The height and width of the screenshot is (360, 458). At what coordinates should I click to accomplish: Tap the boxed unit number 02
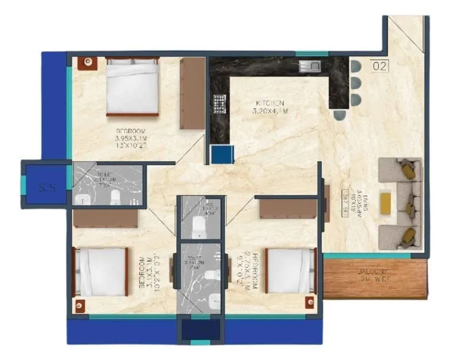pyautogui.click(x=379, y=66)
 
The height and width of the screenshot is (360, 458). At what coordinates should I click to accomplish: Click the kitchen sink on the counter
pyautogui.click(x=309, y=66)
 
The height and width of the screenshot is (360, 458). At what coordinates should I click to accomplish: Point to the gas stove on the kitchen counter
pyautogui.click(x=219, y=103)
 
